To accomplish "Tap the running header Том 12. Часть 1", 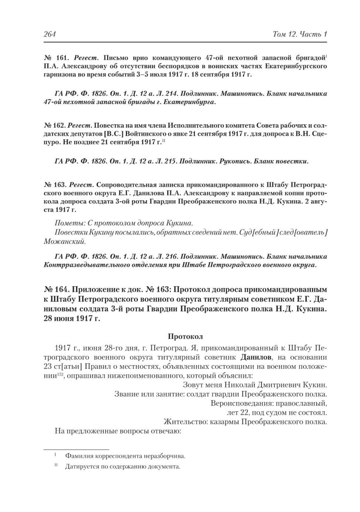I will (x=296, y=34).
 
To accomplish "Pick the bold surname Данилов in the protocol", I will (x=256, y=357).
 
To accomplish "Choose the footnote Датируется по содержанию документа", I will (x=123, y=466).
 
